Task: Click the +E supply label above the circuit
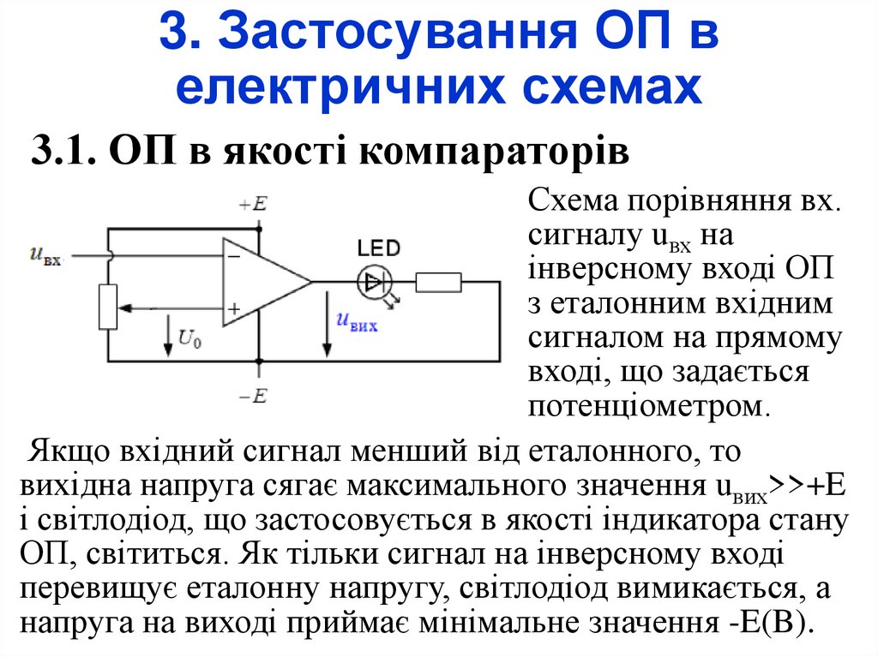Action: point(254,204)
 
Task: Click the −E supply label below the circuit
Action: point(254,395)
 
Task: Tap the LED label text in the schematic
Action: point(378,249)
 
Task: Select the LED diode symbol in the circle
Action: point(375,281)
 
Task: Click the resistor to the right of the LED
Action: point(438,282)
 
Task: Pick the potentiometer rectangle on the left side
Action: point(107,307)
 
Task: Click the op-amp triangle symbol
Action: point(262,282)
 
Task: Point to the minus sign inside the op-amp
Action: point(233,254)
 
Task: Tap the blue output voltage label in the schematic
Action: point(357,322)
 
